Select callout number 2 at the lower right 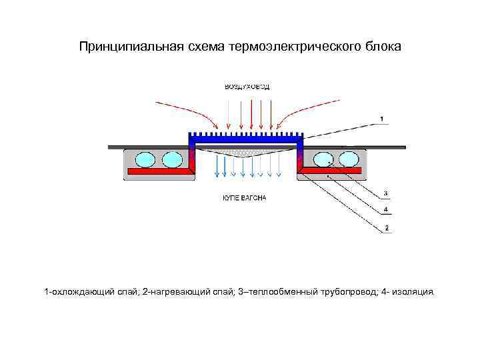387,229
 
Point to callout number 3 387,194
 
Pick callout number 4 387,210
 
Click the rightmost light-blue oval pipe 349,159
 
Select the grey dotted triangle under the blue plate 247,151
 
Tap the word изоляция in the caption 413,292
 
